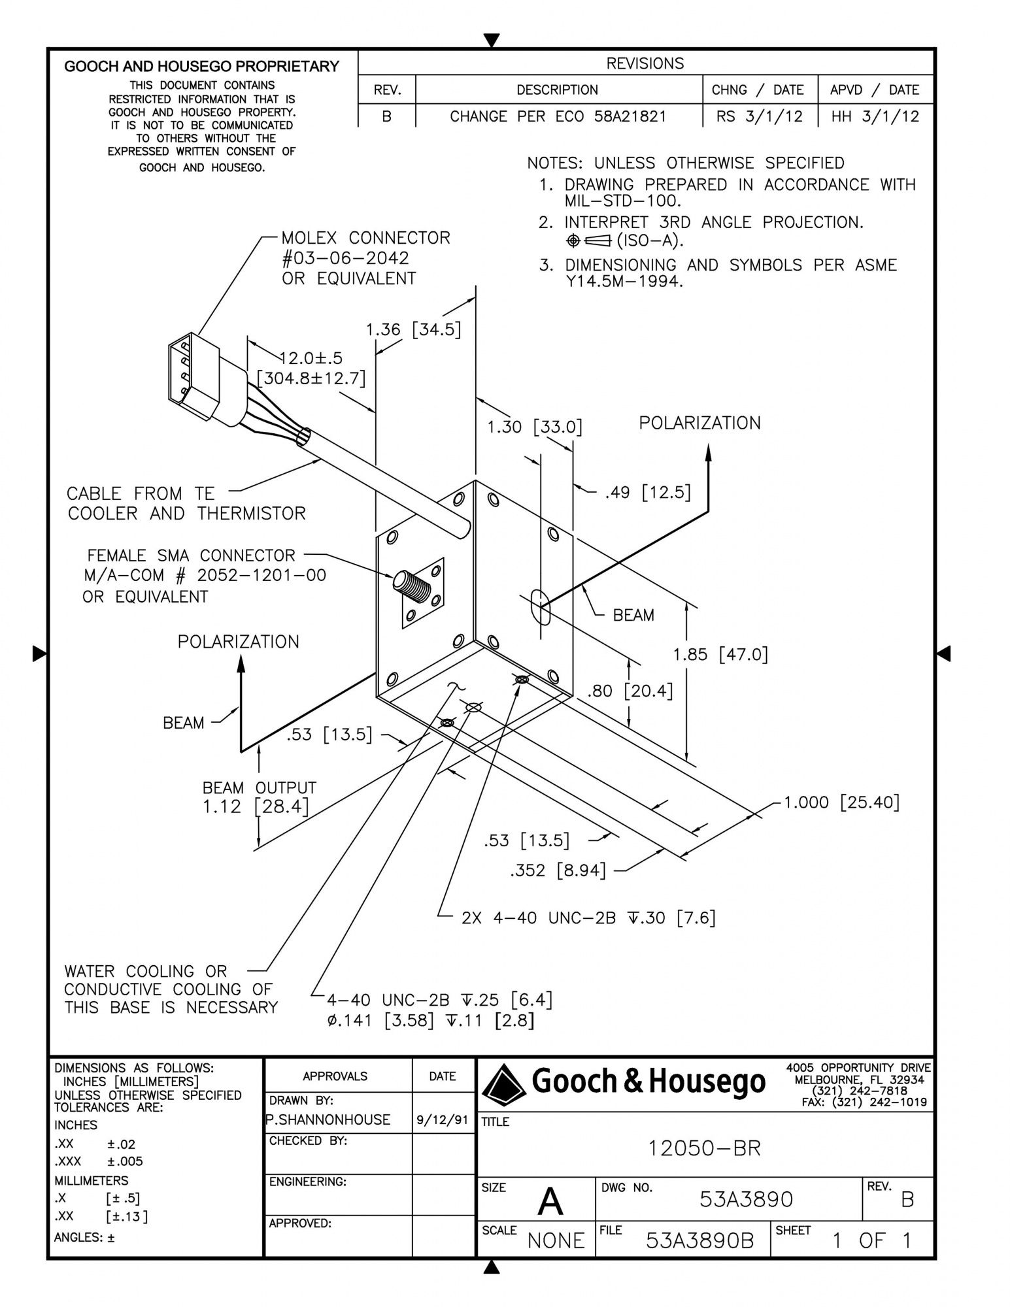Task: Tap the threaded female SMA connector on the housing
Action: click(407, 580)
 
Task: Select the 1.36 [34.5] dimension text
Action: click(413, 329)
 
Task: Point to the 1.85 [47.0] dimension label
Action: click(720, 654)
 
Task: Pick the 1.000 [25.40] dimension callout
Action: click(841, 802)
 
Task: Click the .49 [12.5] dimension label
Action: click(647, 492)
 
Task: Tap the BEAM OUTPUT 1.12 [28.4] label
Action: click(259, 797)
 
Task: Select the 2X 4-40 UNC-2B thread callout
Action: click(588, 918)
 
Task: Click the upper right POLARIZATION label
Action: click(699, 423)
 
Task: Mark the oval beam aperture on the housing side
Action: click(542, 606)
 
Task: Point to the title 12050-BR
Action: click(704, 1148)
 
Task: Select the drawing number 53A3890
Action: click(746, 1199)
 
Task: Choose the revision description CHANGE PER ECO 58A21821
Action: click(558, 116)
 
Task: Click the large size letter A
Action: click(550, 1202)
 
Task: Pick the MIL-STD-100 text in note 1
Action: click(622, 200)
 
